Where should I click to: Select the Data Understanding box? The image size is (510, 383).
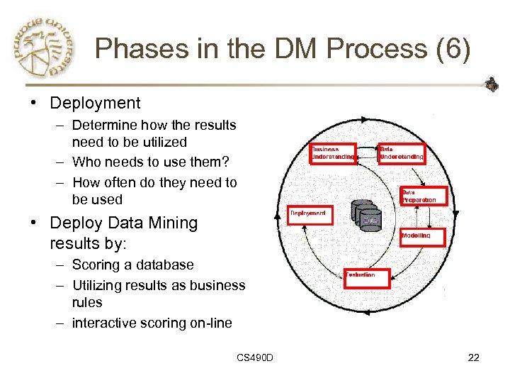(x=402, y=152)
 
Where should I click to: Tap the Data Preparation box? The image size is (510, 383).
(x=424, y=196)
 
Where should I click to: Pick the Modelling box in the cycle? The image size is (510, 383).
(x=422, y=236)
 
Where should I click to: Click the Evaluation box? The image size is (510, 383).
(x=367, y=278)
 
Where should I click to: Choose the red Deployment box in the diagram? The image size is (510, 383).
(x=309, y=214)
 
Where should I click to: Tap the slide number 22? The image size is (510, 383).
(x=474, y=357)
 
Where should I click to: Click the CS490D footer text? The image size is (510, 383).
(x=255, y=357)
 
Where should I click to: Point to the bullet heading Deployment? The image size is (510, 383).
(x=95, y=103)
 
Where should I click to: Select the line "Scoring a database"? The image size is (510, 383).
(x=132, y=265)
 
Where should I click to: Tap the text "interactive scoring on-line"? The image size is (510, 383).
(x=152, y=323)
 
